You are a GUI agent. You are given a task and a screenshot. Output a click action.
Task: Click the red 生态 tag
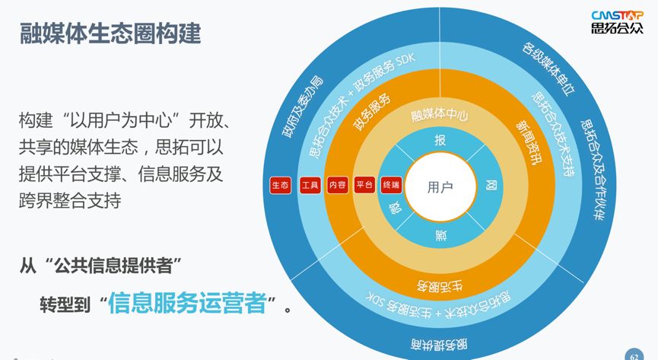(281, 185)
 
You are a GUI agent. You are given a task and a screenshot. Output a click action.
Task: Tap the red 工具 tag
(310, 185)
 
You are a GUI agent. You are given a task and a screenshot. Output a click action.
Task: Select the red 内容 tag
(338, 185)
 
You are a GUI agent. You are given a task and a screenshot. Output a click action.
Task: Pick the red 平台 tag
(364, 185)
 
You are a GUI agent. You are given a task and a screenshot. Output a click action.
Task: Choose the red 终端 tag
(391, 185)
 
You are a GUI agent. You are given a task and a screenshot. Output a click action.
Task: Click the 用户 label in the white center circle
(440, 187)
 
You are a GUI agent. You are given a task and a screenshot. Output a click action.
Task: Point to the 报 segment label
(440, 140)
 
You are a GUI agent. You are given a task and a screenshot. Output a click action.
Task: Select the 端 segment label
(440, 235)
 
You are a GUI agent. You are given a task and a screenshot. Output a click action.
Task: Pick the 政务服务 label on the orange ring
(372, 112)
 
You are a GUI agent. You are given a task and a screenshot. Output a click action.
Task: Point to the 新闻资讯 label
(529, 142)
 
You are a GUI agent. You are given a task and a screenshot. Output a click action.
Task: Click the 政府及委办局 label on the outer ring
(303, 107)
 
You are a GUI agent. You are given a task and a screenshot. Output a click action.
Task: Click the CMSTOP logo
(617, 21)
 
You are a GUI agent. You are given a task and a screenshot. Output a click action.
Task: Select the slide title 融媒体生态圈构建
(111, 33)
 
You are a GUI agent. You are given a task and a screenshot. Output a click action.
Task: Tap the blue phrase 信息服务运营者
(188, 302)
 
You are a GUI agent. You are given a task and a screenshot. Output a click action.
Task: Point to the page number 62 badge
(634, 355)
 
